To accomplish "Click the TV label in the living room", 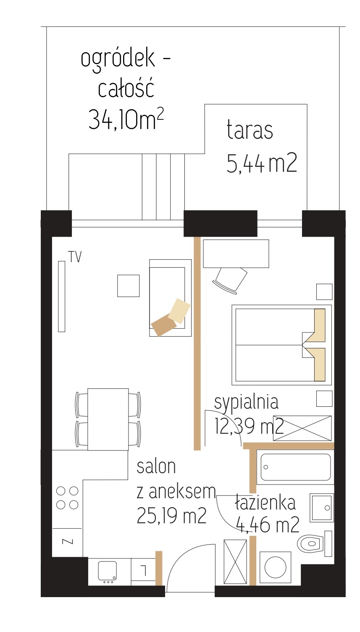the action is coord(75,257).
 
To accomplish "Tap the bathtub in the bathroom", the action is coord(295,467).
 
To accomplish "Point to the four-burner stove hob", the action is coord(67,498).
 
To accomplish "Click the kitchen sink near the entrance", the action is coord(108,571).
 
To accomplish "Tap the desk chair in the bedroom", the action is coord(230,280).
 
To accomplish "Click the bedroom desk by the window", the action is coord(236,254).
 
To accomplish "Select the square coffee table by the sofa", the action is coord(129,286).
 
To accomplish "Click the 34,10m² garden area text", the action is coord(126,120).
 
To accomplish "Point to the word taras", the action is coord(250,130).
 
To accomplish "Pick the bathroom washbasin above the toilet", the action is coord(322,508).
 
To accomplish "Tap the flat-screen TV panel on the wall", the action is coord(61,296).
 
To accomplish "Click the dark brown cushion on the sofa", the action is coord(164,326).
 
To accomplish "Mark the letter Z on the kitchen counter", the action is coord(67,541).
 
